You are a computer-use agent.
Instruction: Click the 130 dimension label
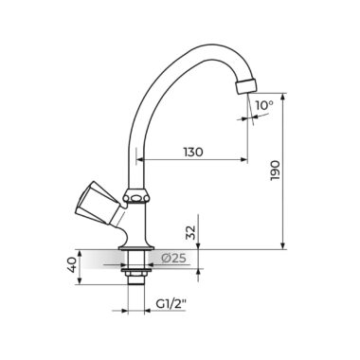[x=193, y=153]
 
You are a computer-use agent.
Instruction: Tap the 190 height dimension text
[x=275, y=171]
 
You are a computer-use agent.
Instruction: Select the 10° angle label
[x=264, y=105]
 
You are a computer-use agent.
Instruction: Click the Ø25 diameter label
[x=173, y=259]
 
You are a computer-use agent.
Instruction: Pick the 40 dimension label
[x=71, y=264]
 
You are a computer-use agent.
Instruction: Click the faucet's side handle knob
[x=97, y=203]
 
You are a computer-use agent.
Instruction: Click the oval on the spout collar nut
[x=136, y=199]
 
